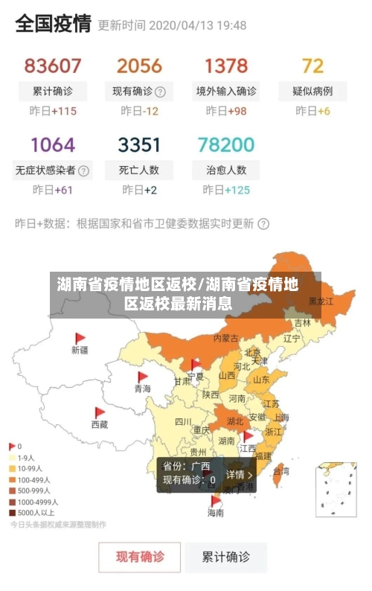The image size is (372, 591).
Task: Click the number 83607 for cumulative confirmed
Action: tap(53, 66)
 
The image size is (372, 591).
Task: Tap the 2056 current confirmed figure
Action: tap(139, 66)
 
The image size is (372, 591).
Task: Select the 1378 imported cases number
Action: tap(226, 66)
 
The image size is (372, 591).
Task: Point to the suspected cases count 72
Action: tap(312, 66)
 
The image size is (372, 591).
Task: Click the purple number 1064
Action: tap(53, 144)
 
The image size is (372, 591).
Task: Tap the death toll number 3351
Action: tap(139, 144)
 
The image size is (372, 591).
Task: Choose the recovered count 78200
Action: tap(226, 144)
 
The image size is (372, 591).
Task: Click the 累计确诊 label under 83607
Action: tap(53, 92)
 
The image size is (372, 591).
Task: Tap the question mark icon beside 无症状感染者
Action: tap(83, 170)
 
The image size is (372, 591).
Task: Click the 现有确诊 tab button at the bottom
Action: tap(140, 556)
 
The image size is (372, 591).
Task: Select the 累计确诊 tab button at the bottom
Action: tap(226, 556)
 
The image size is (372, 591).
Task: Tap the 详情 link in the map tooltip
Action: tap(238, 474)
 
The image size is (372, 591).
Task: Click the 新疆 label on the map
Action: tap(80, 349)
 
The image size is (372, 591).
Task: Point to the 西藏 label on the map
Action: tap(99, 424)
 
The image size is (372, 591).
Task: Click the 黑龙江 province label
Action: tap(321, 301)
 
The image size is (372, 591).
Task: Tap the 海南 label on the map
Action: tap(215, 513)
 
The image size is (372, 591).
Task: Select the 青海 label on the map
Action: tap(142, 389)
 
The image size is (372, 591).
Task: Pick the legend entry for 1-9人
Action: tap(25, 458)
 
